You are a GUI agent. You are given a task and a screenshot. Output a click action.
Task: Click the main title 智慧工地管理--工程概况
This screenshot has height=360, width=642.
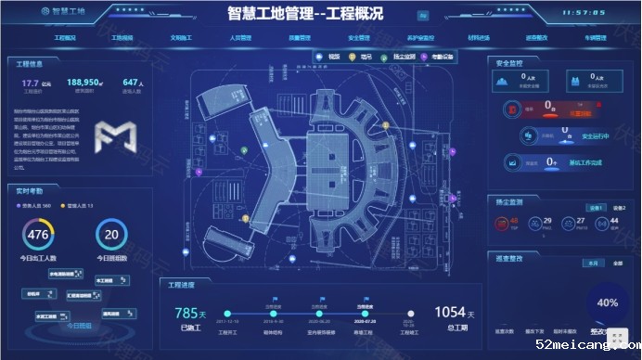[305, 14]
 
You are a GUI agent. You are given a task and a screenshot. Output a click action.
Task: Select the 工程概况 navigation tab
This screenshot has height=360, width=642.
[65, 39]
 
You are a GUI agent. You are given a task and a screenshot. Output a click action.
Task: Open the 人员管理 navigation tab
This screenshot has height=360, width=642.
[241, 39]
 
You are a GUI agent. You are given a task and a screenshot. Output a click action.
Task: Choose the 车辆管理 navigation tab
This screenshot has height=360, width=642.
[595, 39]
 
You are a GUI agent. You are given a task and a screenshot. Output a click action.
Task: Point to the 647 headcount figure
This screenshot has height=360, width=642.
[131, 83]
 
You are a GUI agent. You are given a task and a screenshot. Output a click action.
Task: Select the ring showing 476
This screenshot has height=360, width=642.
[37, 235]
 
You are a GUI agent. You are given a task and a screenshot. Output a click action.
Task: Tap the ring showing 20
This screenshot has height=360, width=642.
[111, 235]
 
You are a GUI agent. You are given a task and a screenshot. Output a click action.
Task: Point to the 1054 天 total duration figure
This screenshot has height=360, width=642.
[448, 313]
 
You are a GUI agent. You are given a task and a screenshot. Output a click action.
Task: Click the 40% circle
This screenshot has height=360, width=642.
[608, 302]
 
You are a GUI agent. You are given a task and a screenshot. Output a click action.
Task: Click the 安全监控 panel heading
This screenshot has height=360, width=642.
[510, 64]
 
